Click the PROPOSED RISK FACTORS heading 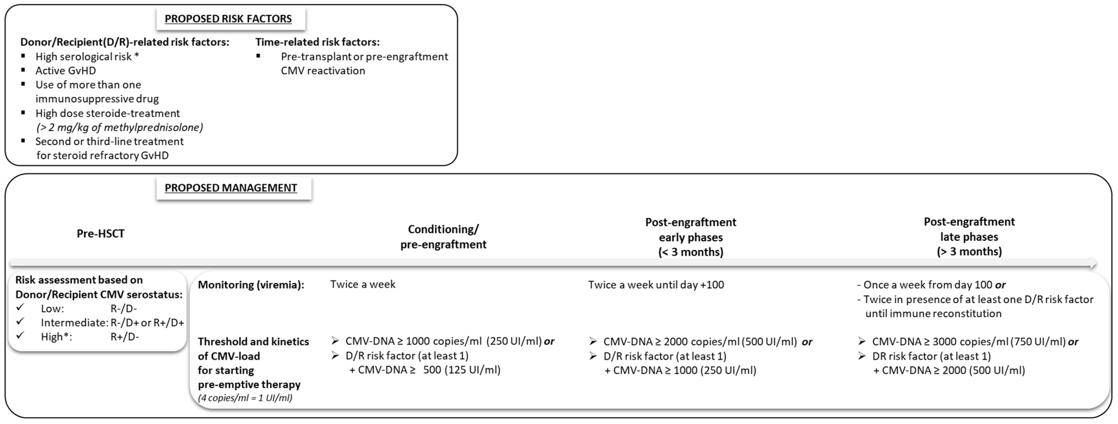pos(228,19)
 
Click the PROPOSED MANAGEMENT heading pos(231,188)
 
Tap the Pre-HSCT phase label pos(100,234)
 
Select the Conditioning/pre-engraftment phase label pos(443,237)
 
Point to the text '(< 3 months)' pos(691,252)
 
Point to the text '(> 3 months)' pos(969,252)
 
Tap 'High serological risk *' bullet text pos(87,56)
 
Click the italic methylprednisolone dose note pos(119,127)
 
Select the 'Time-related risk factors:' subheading pos(317,42)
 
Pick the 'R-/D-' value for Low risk pos(124,309)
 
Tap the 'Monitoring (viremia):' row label pos(251,285)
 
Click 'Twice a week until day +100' pos(656,285)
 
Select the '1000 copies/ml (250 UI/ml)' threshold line pos(450,341)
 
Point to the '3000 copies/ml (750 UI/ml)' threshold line pos(974,342)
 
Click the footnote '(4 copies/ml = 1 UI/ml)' pos(245,398)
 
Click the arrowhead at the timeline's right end pos(1093,263)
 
